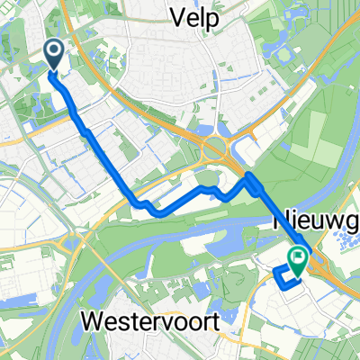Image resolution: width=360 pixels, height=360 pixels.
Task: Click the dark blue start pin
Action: click(54, 54)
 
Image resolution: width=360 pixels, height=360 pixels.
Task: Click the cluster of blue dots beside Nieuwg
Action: click(343, 215)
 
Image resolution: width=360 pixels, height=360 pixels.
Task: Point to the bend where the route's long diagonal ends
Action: click(139, 202)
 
